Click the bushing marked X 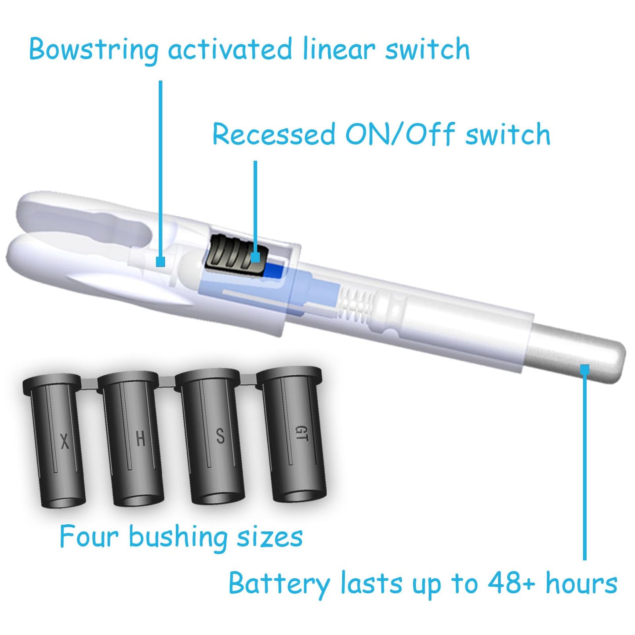coord(56,438)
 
